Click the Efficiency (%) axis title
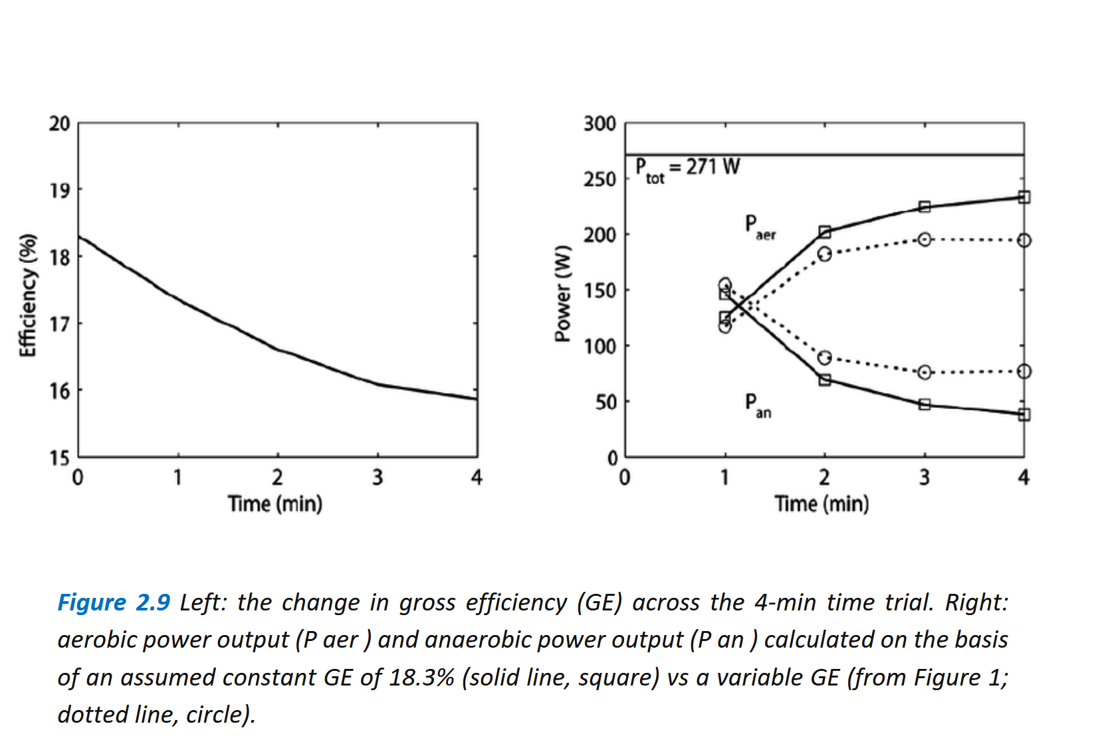27,296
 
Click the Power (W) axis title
563,294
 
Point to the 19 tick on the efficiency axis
59,191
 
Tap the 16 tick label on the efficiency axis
59,391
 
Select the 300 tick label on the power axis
600,124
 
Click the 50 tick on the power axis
606,403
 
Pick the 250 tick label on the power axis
600,179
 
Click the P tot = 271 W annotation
687,168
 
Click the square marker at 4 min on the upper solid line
1024,197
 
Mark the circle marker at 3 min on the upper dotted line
925,239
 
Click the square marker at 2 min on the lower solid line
825,380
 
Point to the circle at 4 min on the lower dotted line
1024,371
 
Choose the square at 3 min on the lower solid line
925,404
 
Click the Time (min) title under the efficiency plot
275,504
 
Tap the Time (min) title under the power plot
822,504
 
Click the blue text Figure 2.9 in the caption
114,602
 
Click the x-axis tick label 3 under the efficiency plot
378,477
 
